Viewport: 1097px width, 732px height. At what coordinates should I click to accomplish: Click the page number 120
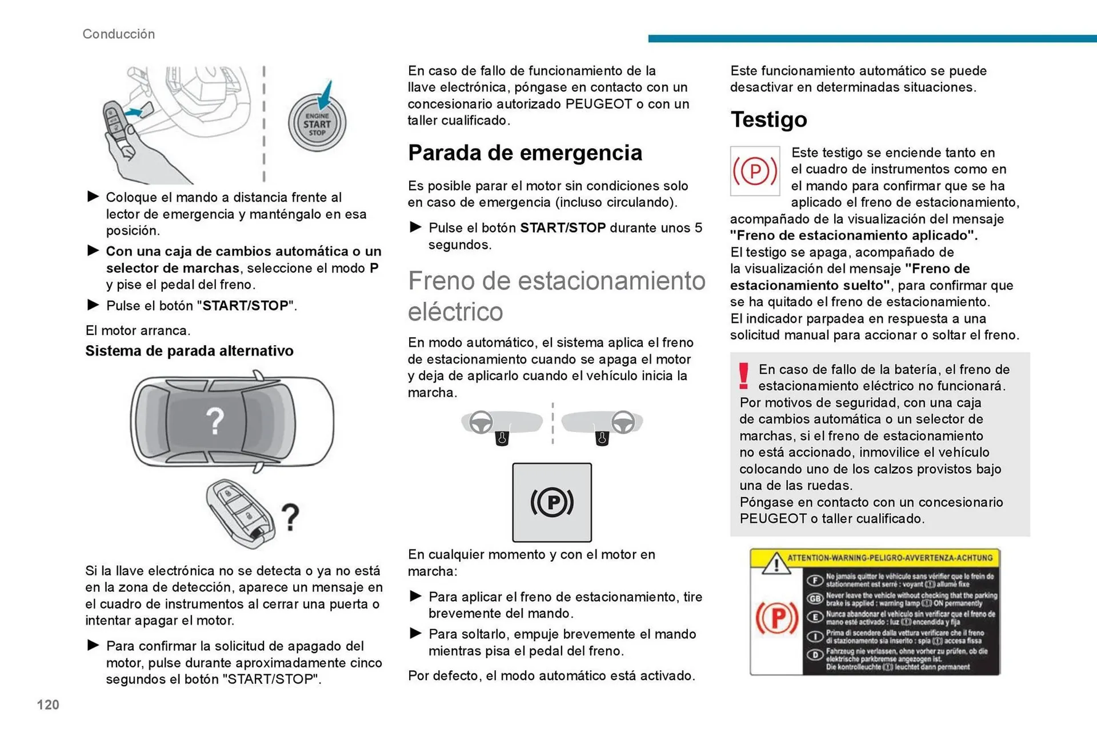pyautogui.click(x=48, y=705)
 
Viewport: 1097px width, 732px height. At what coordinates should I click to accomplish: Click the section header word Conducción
pyautogui.click(x=118, y=34)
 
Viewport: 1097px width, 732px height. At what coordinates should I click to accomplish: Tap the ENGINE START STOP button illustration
pyautogui.click(x=317, y=124)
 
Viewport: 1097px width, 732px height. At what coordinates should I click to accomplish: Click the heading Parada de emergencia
pyautogui.click(x=525, y=153)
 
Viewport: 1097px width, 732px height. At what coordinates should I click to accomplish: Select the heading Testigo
pyautogui.click(x=768, y=119)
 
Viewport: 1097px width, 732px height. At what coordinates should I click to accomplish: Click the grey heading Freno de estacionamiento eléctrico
pyautogui.click(x=556, y=295)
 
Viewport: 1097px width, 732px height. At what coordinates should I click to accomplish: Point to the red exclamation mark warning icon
pyautogui.click(x=743, y=376)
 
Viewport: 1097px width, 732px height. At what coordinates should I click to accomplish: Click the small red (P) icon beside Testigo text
pyautogui.click(x=755, y=171)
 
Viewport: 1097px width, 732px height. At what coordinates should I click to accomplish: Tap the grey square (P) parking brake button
pyautogui.click(x=551, y=502)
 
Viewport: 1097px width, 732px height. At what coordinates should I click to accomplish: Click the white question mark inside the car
pyautogui.click(x=215, y=421)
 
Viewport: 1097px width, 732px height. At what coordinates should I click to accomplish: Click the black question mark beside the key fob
pyautogui.click(x=291, y=517)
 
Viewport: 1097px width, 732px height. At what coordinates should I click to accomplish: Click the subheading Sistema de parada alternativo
pyautogui.click(x=189, y=350)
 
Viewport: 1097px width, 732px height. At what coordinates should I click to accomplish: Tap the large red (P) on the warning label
pyautogui.click(x=776, y=618)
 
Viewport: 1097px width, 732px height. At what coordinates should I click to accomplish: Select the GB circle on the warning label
pyautogui.click(x=814, y=598)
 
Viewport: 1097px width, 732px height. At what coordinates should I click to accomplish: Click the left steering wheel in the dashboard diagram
pyautogui.click(x=481, y=422)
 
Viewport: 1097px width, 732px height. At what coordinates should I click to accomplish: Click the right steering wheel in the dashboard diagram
pyautogui.click(x=623, y=422)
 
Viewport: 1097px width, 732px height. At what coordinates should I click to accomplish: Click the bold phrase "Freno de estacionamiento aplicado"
pyautogui.click(x=853, y=235)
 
